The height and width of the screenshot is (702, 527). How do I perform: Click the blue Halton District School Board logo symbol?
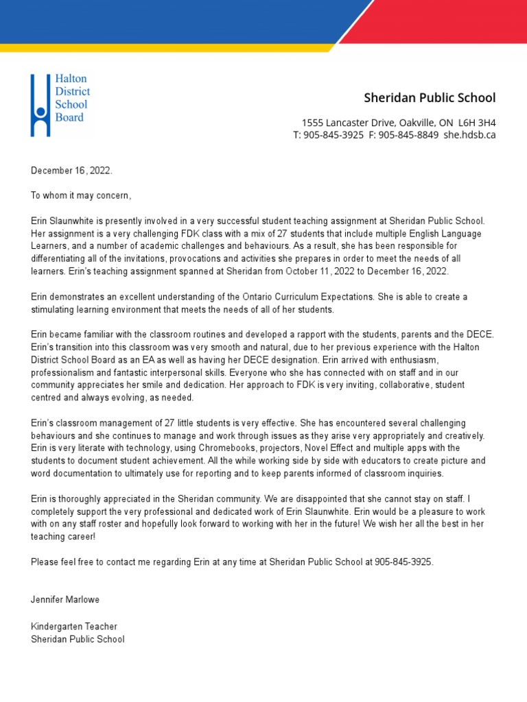40,105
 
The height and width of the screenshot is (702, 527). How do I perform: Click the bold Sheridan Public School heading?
430,98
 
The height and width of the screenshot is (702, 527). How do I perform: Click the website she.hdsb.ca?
469,135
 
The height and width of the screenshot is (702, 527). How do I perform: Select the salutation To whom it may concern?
80,196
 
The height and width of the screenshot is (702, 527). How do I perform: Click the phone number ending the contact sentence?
403,561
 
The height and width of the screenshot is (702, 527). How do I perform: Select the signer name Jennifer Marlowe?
65,600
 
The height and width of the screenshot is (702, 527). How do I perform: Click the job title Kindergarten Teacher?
74,627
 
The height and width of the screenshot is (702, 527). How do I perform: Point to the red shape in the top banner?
446,21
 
